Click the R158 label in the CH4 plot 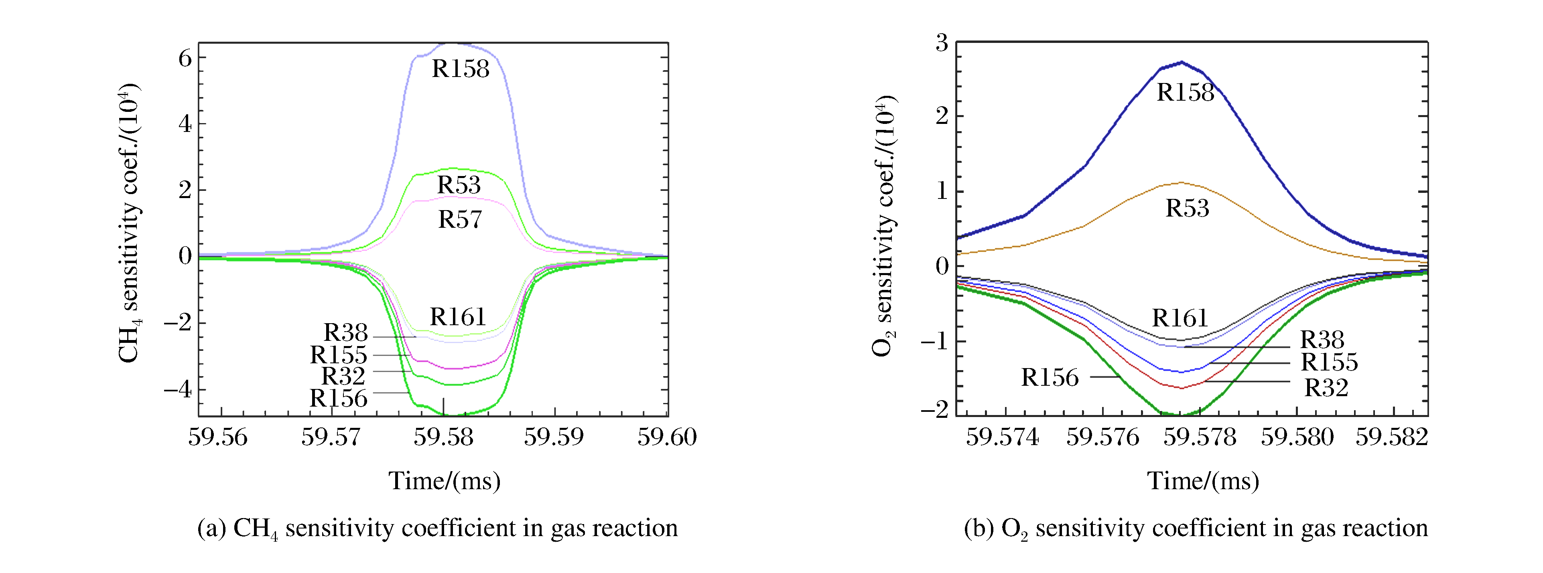click(460, 69)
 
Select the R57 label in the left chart click(459, 220)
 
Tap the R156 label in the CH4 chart click(338, 399)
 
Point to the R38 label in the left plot click(345, 332)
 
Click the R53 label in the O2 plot click(1187, 209)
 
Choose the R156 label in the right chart click(1050, 378)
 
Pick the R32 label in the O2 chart click(1326, 388)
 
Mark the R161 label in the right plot click(1180, 318)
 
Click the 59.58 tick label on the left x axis click(443, 437)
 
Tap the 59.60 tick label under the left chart click(667, 437)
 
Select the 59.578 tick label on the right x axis click(1199, 437)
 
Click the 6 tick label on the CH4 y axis click(185, 59)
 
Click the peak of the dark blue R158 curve click(1181, 62)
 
